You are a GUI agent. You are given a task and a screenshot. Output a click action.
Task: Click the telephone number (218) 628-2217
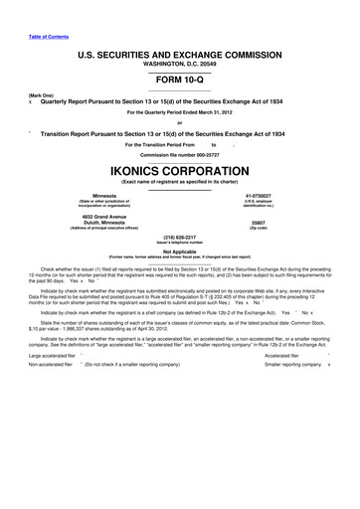180,239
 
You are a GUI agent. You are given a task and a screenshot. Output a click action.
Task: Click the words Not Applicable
180,253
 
